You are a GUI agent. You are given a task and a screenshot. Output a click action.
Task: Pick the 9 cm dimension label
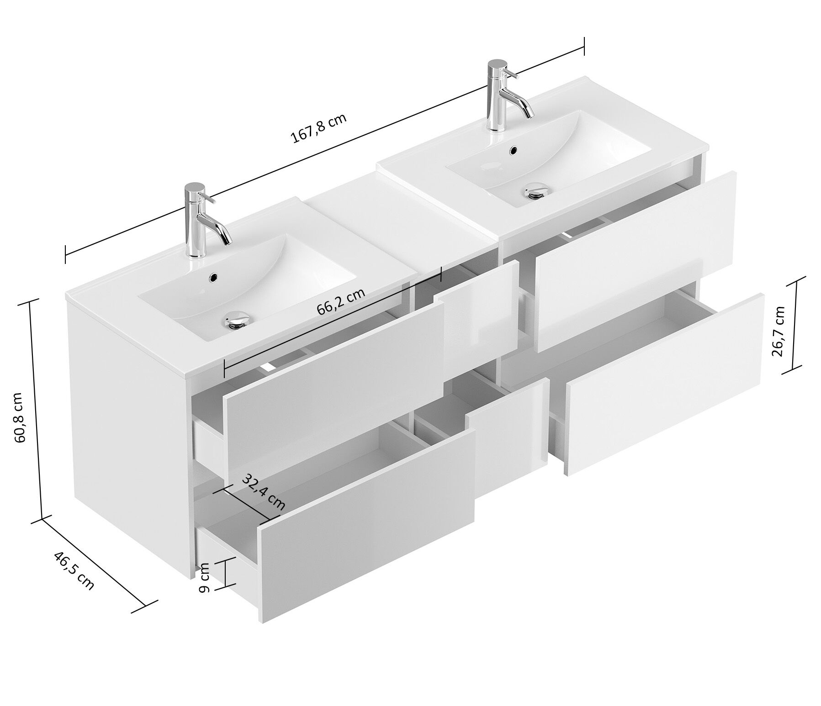point(204,577)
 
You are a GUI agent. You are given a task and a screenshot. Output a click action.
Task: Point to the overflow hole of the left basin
point(212,276)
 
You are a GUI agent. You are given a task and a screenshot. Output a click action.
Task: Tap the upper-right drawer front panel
point(635,260)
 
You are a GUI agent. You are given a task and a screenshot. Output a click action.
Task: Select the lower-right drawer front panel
point(665,384)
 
